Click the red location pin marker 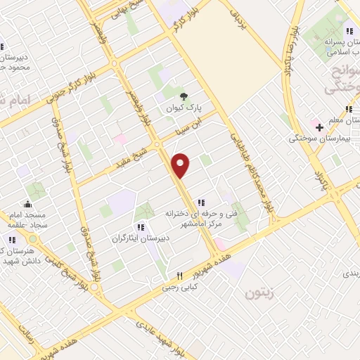pos(181,166)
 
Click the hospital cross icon pos(320,127)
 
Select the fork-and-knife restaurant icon pos(179,276)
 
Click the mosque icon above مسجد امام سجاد pos(27,204)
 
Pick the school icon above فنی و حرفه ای pos(202,202)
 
